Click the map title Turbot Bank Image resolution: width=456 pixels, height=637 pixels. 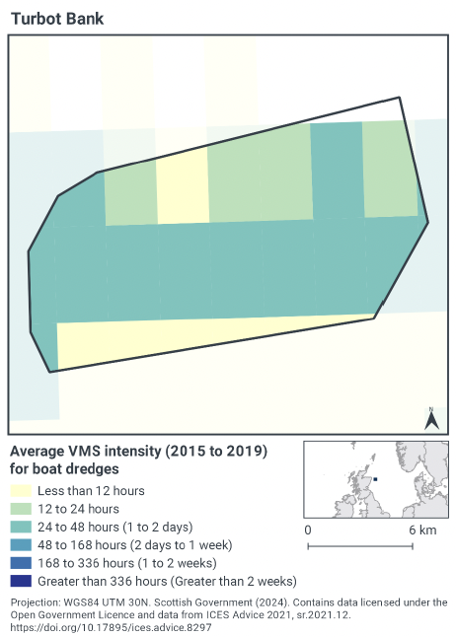[56, 19]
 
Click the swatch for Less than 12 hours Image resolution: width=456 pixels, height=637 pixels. [20, 491]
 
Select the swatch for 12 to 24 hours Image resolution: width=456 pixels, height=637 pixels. [20, 509]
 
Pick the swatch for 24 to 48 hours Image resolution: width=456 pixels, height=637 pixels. [20, 527]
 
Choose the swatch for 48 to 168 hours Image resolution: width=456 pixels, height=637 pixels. [20, 545]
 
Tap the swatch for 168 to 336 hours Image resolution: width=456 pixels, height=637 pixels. [20, 563]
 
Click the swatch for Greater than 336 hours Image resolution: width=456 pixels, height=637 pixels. [20, 581]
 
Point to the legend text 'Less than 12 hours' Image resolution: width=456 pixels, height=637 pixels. [91, 491]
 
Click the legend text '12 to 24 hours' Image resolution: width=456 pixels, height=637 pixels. [78, 509]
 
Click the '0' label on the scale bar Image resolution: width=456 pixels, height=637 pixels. [309, 531]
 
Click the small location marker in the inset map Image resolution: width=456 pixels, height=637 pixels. [375, 479]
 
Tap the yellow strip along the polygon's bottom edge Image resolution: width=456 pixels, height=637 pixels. [197, 341]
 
